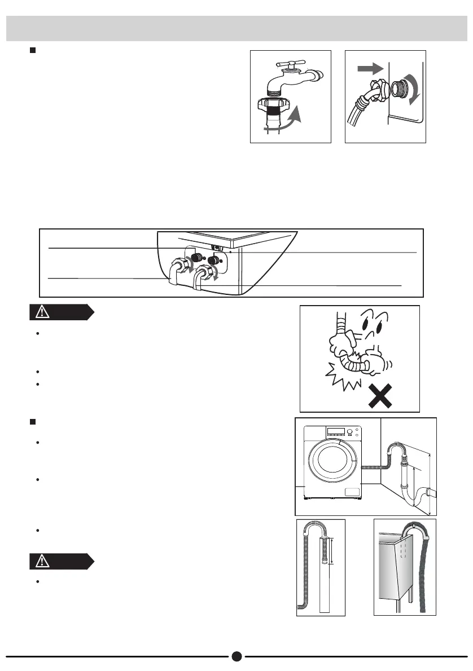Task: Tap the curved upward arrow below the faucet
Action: pyautogui.click(x=292, y=119)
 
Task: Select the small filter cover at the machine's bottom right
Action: pyautogui.click(x=353, y=492)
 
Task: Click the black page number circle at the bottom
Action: pyautogui.click(x=236, y=656)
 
